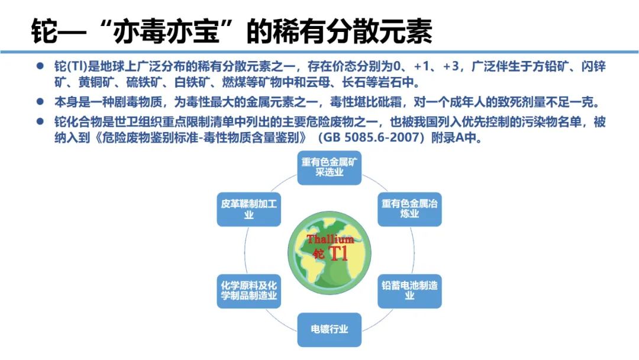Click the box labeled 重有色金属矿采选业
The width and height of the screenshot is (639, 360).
coord(330,168)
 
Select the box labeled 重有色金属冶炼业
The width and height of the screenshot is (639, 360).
coord(409,209)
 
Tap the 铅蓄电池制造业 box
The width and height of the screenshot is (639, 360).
coord(409,291)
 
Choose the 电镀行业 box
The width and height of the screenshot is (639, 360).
coord(330,329)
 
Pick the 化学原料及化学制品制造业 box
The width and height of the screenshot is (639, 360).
coord(249,291)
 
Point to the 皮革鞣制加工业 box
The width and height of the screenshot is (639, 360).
coord(249,209)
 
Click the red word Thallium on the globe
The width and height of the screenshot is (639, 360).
coord(330,239)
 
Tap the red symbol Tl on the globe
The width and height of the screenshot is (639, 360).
coord(338,253)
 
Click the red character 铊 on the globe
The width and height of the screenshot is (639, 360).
coord(319,254)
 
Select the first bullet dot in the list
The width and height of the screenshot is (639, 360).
coord(40,66)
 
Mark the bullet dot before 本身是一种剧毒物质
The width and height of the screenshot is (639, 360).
coord(40,101)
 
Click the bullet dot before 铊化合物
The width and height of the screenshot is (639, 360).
coord(40,121)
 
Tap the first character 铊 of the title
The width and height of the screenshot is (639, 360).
coord(44,31)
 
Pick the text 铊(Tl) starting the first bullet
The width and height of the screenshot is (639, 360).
coord(71,66)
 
